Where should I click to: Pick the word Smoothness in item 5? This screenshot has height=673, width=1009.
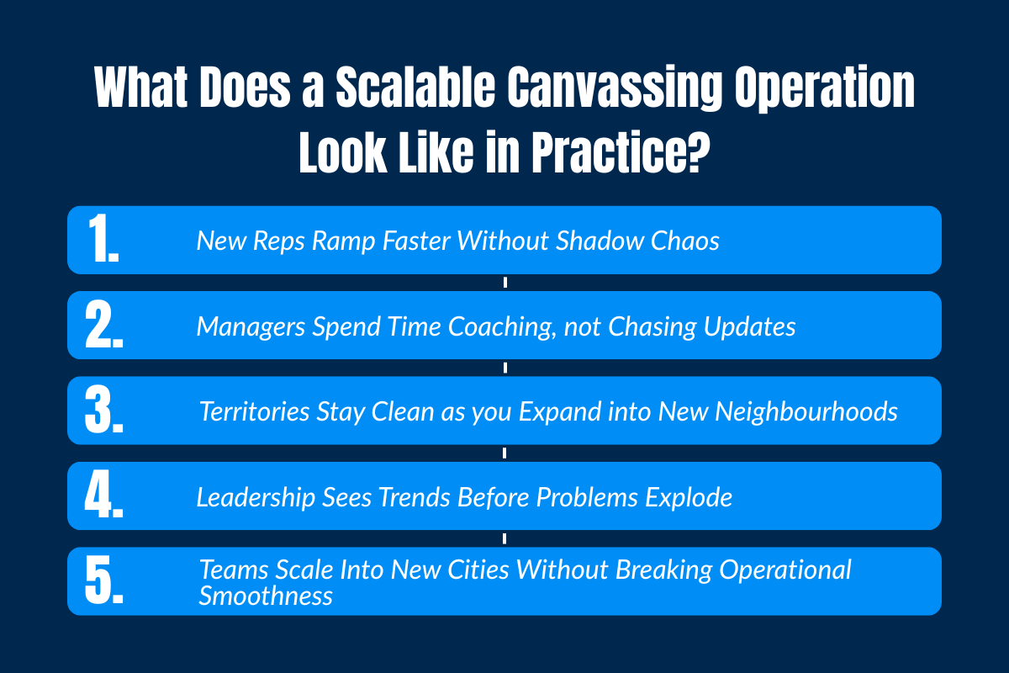pos(266,596)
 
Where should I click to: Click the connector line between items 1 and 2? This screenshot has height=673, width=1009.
pos(504,283)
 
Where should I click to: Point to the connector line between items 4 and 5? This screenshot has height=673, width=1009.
pos(504,538)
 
